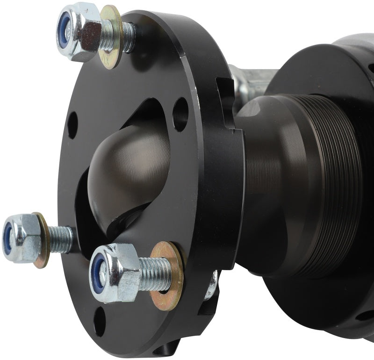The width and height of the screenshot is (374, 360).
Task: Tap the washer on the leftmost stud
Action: pos(41,240)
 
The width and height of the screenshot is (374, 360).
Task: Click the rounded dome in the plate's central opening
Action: pos(131,173)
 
